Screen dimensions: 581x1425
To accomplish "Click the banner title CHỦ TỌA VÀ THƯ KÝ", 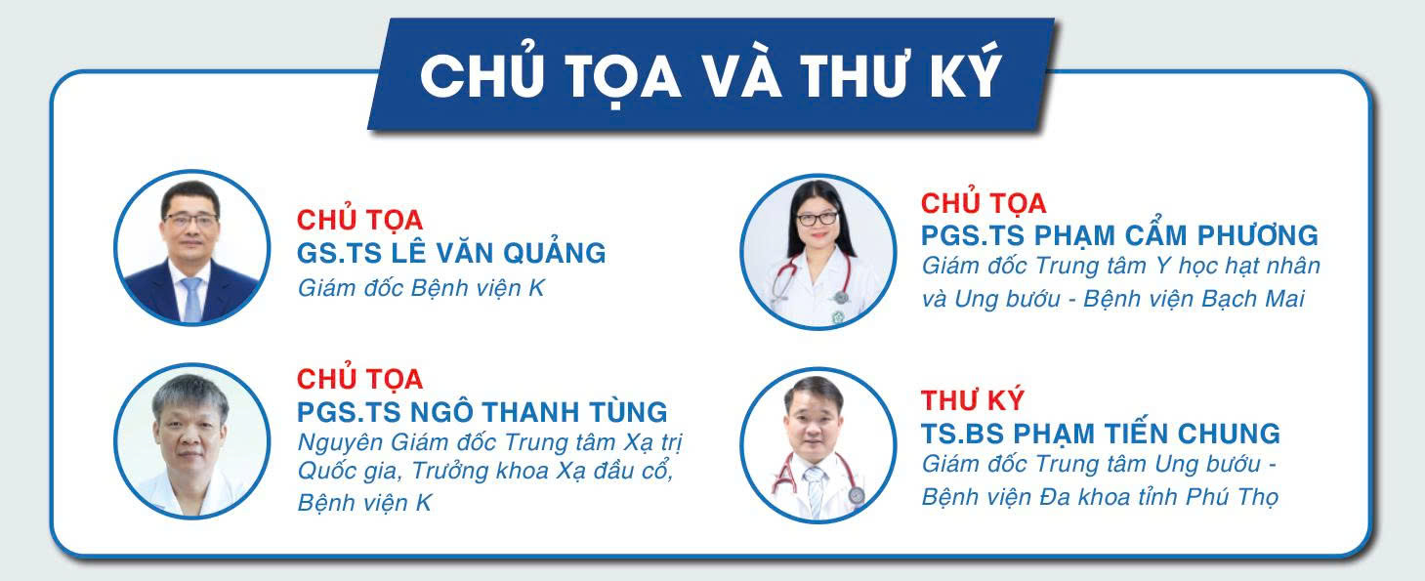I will (711, 76).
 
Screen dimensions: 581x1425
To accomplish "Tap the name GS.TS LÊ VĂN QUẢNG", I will (451, 253).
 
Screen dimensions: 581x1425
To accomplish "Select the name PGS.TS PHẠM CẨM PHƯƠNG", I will (1119, 235).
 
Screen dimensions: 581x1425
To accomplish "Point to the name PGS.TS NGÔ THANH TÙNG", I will (482, 411).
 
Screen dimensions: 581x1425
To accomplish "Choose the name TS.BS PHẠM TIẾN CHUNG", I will (1101, 433).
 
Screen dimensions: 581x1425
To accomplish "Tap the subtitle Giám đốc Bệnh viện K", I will (421, 289).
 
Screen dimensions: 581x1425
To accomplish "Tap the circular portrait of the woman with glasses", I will (817, 251).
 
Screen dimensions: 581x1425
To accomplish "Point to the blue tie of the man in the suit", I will (191, 298).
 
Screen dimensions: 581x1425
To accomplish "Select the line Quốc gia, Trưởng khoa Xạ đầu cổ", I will (484, 472).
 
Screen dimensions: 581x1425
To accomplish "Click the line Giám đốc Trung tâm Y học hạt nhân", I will (1120, 266).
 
